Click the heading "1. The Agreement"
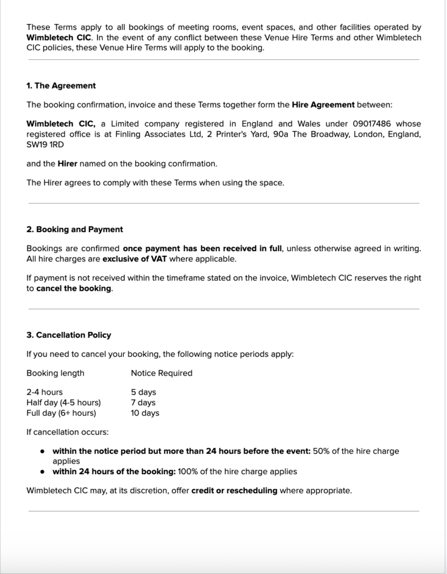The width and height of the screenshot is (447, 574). (61, 86)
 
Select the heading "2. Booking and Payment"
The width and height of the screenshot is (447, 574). (74, 229)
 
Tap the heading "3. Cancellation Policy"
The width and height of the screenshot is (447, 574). (69, 335)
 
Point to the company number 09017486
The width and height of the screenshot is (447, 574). (374, 124)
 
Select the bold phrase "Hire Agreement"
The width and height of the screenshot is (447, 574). (323, 105)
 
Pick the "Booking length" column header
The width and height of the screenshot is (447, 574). (55, 373)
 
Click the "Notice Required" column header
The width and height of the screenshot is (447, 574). (161, 373)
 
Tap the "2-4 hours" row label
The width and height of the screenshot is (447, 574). (45, 392)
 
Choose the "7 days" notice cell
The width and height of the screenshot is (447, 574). (143, 402)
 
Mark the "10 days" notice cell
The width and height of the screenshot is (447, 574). (145, 413)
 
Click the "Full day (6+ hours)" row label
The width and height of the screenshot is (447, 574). (61, 413)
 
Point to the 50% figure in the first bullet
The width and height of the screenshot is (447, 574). (322, 451)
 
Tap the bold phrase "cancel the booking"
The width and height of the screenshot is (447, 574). (74, 289)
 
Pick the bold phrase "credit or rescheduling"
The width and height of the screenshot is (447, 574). (234, 490)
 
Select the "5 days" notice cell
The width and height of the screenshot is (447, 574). (143, 392)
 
